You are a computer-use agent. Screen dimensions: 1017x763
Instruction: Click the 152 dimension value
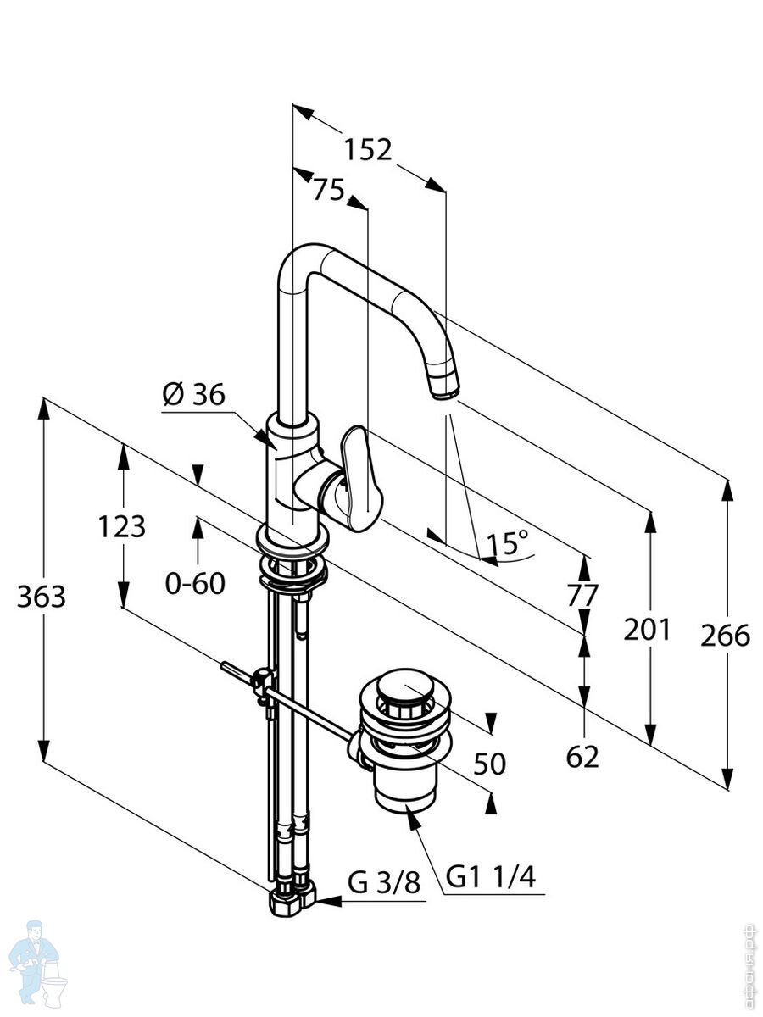click(x=368, y=149)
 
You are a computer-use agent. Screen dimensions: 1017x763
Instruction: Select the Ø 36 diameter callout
click(x=193, y=394)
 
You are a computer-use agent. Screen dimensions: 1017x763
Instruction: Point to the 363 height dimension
click(x=41, y=597)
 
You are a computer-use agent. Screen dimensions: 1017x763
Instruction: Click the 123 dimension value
click(x=121, y=526)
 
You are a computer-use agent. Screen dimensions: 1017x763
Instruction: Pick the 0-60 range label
click(x=195, y=582)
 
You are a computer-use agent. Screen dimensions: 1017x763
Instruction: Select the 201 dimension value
click(x=647, y=629)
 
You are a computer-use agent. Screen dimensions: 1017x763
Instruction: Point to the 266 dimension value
click(x=726, y=635)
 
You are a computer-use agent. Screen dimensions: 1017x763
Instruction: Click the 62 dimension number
click(x=582, y=756)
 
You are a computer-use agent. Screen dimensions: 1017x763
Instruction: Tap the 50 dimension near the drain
click(x=489, y=764)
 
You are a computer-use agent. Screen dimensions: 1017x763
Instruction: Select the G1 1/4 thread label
click(x=491, y=877)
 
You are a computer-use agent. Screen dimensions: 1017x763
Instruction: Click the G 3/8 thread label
click(x=384, y=883)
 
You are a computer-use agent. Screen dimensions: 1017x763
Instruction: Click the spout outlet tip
click(x=445, y=389)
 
